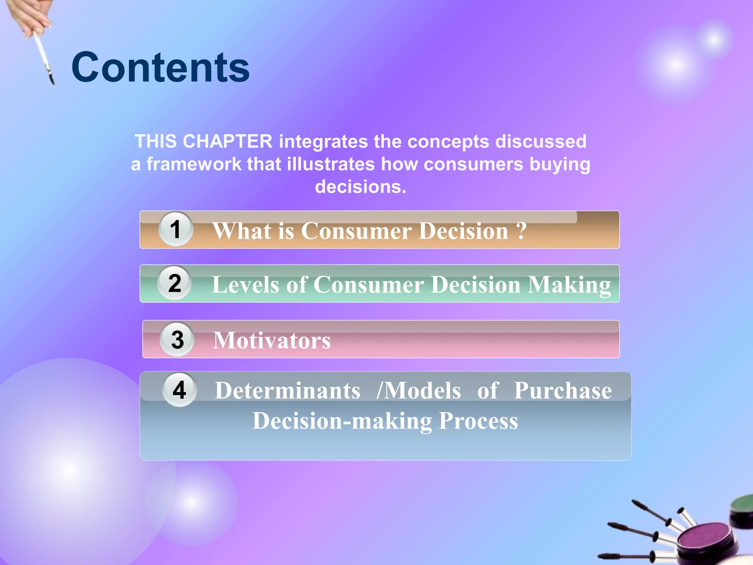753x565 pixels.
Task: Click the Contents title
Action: click(161, 67)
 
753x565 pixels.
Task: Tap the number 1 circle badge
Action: click(176, 229)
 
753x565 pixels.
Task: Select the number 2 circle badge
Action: click(175, 283)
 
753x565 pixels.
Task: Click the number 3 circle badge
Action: click(177, 339)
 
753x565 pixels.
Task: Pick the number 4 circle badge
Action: click(179, 390)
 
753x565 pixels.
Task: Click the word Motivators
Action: click(272, 340)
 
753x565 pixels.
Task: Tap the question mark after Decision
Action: click(521, 231)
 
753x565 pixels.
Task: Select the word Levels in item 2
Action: click(246, 285)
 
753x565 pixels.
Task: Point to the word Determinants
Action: click(288, 390)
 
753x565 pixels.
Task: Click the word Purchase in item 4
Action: click(563, 390)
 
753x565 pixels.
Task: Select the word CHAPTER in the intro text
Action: click(228, 142)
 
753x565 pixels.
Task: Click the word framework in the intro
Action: click(194, 164)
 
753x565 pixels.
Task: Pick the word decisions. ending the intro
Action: click(361, 187)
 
